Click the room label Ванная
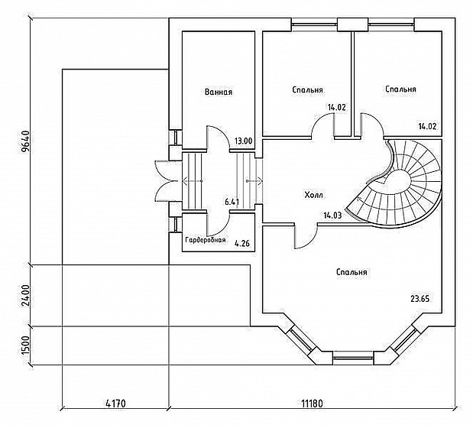[x=219, y=92]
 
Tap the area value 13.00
[x=244, y=141]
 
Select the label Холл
[x=314, y=195]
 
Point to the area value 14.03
[x=332, y=216]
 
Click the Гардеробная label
[x=206, y=240]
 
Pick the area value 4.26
[x=242, y=243]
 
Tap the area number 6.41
[x=232, y=202]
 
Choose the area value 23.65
[x=420, y=299]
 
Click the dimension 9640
[x=25, y=141]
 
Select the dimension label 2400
[x=25, y=295]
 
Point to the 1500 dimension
[x=25, y=345]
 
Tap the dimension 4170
[x=115, y=404]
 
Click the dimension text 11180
[x=312, y=404]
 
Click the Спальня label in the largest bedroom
[x=352, y=272]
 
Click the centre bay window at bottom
[x=353, y=358]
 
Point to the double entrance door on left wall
[x=163, y=181]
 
